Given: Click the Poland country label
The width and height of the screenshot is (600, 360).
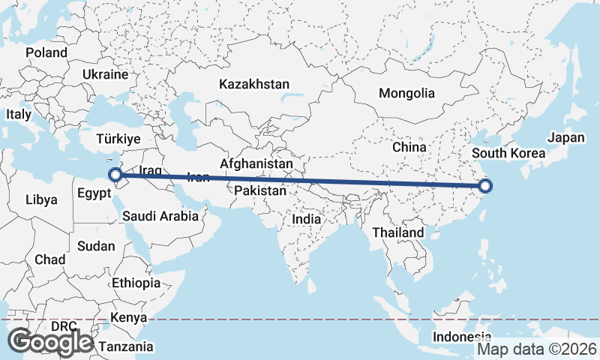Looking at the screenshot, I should tap(46, 53).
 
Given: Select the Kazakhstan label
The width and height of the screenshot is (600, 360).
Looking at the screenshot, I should tap(254, 84).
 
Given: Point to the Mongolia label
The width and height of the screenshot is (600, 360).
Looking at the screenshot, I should tap(406, 94).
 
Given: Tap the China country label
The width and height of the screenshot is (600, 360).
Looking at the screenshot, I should tap(409, 147).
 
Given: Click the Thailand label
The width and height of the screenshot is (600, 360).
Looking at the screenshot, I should tap(398, 232).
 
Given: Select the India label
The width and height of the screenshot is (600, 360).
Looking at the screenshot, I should tap(306, 220).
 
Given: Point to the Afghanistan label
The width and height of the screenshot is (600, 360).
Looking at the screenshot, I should tap(256, 163).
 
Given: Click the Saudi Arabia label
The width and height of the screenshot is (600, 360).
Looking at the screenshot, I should tap(162, 216).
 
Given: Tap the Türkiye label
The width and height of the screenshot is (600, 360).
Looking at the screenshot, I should tap(118, 139).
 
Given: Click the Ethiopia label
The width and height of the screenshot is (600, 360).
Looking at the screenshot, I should tap(136, 283).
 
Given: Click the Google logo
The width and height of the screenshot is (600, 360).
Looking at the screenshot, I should tap(50, 342).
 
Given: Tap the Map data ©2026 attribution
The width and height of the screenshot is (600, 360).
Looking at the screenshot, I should tap(537, 349).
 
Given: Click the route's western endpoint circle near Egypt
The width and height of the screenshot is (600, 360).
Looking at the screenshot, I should tap(116, 176).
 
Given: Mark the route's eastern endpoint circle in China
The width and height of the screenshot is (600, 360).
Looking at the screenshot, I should tap(484, 186).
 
